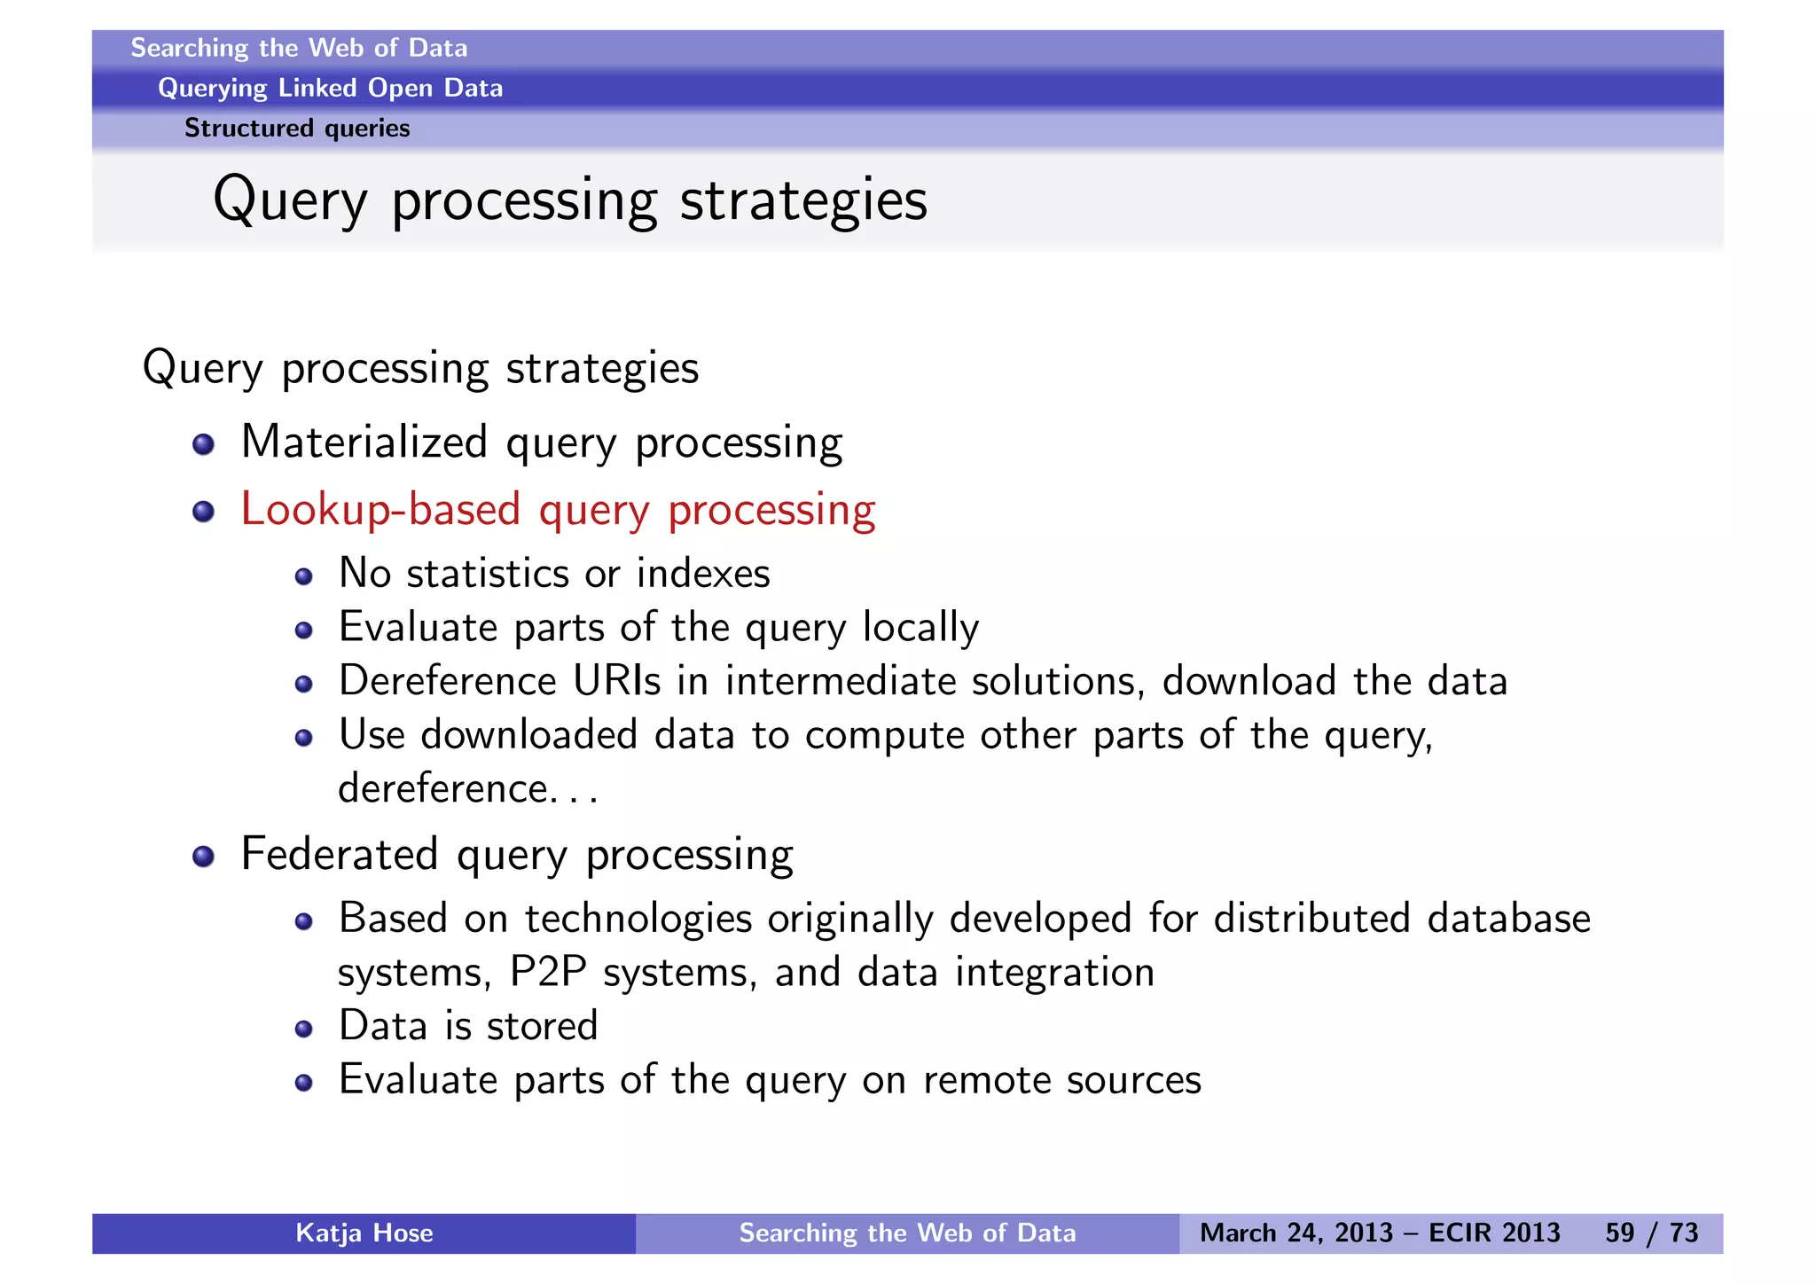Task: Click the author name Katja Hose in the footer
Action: [364, 1233]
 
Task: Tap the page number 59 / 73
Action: [1651, 1233]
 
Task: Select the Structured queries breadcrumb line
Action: [297, 129]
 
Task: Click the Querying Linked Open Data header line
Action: [330, 88]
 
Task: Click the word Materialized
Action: [364, 442]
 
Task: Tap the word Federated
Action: [340, 854]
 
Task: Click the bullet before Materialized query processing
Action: [204, 444]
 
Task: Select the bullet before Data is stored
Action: [304, 1029]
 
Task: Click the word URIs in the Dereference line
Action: [616, 681]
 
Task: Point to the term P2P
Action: [548, 972]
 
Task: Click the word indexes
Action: [703, 574]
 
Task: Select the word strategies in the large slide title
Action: [803, 200]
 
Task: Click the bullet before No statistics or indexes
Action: [304, 577]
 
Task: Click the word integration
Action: [1054, 972]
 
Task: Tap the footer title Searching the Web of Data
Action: [907, 1233]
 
